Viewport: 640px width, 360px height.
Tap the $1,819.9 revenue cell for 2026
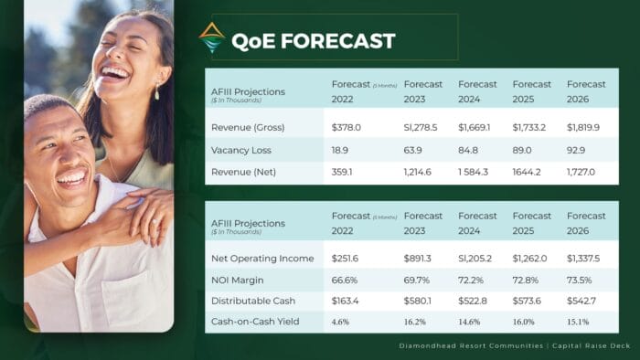(583, 128)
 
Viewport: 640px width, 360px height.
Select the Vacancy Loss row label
(241, 149)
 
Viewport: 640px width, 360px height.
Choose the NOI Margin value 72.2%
(473, 279)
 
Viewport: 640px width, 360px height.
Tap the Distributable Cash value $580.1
(419, 300)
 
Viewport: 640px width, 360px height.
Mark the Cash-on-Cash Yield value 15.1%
(578, 322)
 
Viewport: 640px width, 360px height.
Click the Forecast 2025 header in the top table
(532, 91)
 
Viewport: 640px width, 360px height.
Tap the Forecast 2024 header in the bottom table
(477, 223)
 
